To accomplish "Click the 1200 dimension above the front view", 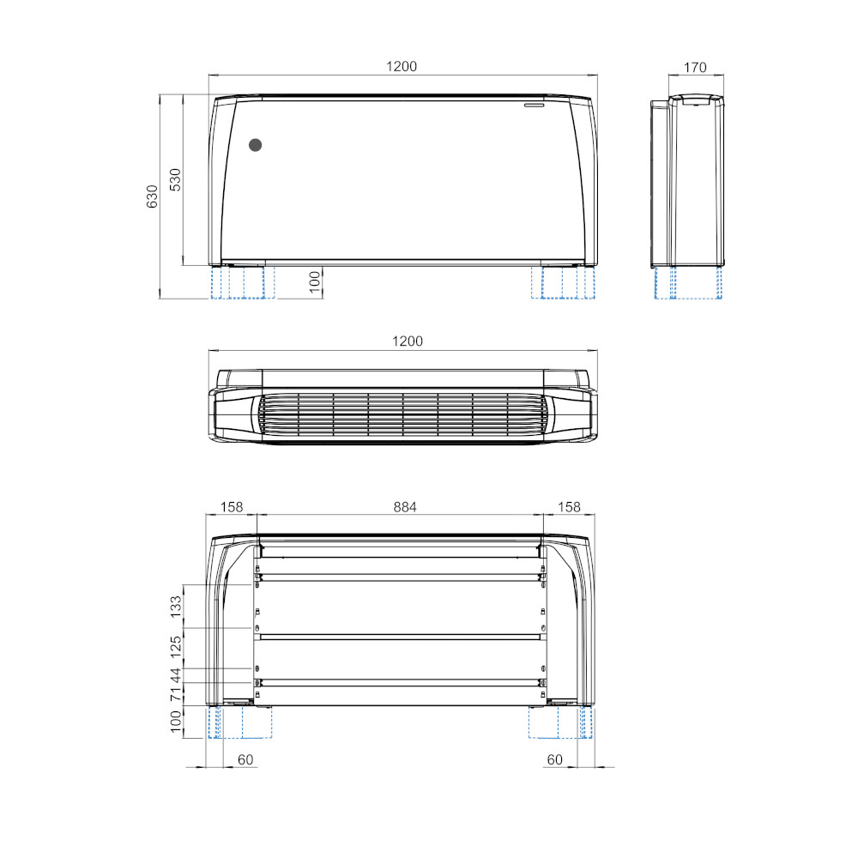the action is coord(402,66).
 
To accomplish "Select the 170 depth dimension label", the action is coord(695,67).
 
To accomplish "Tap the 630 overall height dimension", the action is coord(152,196).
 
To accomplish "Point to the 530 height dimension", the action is coord(175,179).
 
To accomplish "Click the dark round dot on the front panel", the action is coord(255,145).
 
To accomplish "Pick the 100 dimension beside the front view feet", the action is coord(315,282).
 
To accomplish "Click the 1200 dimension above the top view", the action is coord(408,341).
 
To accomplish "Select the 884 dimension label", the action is coord(405,507).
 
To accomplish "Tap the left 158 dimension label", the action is coord(232,507).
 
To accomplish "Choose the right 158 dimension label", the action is coord(569,507).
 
